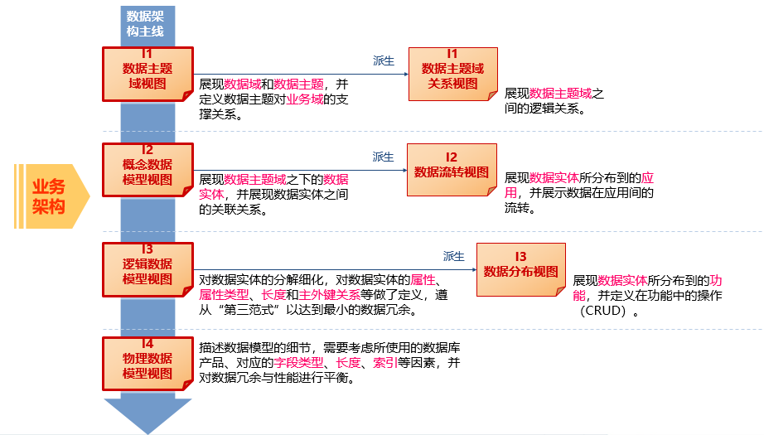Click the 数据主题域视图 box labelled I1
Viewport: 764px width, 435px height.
(x=147, y=71)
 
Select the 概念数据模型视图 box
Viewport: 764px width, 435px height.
(x=147, y=168)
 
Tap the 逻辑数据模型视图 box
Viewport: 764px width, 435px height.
(x=147, y=267)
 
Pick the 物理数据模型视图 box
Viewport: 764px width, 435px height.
(x=147, y=361)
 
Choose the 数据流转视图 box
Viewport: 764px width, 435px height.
(x=452, y=169)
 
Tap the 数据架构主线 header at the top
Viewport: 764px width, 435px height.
(x=145, y=23)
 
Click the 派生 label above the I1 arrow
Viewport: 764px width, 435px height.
(x=384, y=60)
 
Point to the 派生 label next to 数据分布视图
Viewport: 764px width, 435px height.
(x=453, y=256)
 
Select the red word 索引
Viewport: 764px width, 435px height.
(x=384, y=363)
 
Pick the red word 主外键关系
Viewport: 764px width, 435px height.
(x=329, y=295)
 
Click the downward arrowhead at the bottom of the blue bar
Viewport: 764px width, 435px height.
(x=147, y=416)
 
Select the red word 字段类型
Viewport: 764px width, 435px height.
(x=302, y=363)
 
